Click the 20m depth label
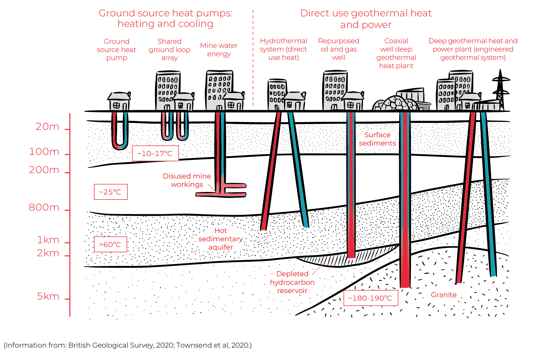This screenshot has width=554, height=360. click(x=47, y=127)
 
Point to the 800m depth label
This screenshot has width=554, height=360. click(x=44, y=208)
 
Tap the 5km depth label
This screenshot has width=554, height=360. click(x=48, y=296)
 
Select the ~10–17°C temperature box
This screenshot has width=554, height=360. click(x=155, y=153)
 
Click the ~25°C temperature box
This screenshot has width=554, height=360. click(x=110, y=192)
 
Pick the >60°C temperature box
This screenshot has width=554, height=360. click(x=110, y=244)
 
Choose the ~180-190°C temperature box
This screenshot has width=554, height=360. click(x=370, y=298)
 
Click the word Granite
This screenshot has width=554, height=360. click(x=444, y=295)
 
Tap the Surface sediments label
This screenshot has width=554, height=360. click(x=377, y=139)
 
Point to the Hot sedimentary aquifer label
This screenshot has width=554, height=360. click(x=220, y=239)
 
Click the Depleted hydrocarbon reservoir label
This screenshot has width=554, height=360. click(x=292, y=282)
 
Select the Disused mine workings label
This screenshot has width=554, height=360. click(x=187, y=180)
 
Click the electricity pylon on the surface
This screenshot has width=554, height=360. click(x=501, y=89)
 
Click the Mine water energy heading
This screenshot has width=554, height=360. click(x=219, y=50)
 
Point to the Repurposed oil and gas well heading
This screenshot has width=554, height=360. click(x=338, y=49)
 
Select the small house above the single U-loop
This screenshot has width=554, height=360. click(x=119, y=102)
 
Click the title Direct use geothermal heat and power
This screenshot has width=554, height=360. click(x=366, y=19)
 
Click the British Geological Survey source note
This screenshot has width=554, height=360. click(x=128, y=345)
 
